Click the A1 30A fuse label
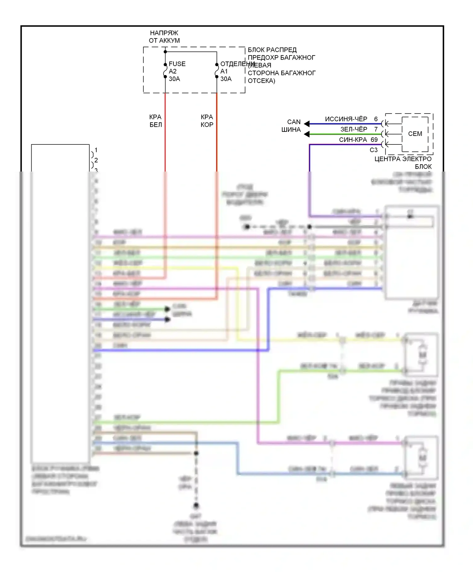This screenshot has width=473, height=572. [x=225, y=75]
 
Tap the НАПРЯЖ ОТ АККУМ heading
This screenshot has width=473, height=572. [x=164, y=37]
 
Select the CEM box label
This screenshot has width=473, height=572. [x=415, y=134]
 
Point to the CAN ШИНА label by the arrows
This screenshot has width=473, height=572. [x=291, y=125]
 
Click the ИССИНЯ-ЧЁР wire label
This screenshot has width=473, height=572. [x=346, y=119]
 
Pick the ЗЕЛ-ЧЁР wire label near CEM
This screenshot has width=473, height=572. [x=353, y=129]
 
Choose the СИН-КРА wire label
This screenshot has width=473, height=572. [x=353, y=140]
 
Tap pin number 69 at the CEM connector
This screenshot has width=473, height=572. [x=374, y=140]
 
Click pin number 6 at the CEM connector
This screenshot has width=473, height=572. [x=376, y=119]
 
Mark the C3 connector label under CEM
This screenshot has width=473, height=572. [x=373, y=150]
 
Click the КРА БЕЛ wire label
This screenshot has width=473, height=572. [x=155, y=121]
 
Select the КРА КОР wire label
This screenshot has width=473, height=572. [x=207, y=121]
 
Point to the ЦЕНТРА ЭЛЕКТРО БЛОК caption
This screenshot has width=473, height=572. [x=403, y=162]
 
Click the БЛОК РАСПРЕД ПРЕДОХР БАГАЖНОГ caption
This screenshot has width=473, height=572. [x=281, y=65]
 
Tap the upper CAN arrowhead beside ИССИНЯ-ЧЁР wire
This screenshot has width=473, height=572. [x=307, y=124]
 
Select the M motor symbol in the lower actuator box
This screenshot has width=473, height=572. [x=422, y=457]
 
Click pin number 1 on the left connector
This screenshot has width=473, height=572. [x=96, y=150]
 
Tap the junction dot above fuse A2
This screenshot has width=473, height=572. [x=165, y=52]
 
